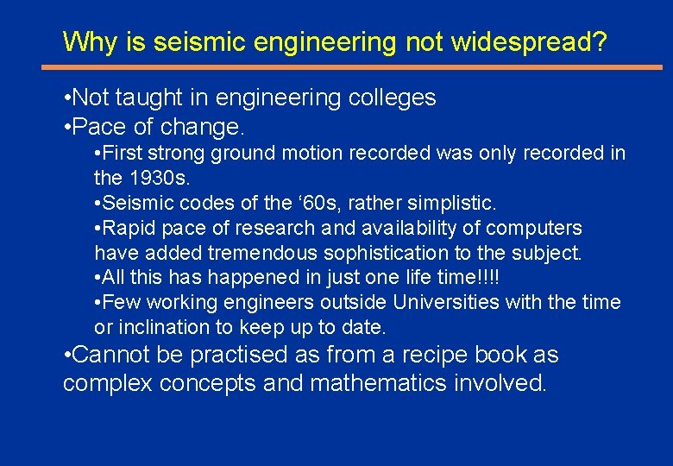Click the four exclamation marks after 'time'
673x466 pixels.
tap(486, 278)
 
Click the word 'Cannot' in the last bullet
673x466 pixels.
tap(112, 355)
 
